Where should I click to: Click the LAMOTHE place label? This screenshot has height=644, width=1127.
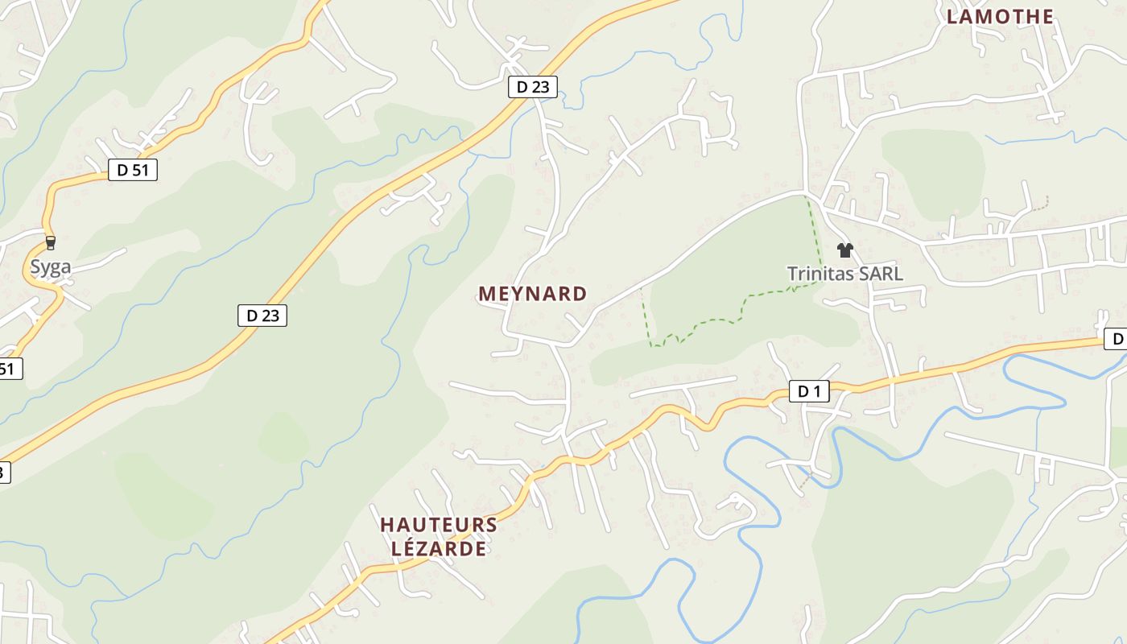(1000, 16)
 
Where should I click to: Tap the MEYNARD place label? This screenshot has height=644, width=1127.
(533, 294)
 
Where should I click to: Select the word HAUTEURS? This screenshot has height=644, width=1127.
(439, 525)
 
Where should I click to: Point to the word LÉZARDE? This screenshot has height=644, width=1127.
(439, 549)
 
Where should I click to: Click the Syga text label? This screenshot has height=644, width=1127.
(51, 267)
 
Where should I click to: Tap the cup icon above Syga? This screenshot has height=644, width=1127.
(51, 242)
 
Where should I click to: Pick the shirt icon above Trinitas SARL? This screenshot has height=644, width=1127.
(844, 250)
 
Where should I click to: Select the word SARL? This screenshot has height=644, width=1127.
(881, 274)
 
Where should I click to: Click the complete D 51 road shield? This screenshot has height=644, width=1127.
(133, 170)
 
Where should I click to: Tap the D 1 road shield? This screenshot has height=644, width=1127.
(808, 392)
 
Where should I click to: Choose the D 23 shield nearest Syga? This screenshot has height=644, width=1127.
(262, 316)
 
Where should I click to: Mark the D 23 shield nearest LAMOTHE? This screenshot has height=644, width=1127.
(533, 87)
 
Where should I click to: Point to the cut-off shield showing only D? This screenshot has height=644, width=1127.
(1116, 339)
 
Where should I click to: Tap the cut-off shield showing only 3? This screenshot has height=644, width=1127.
(4, 473)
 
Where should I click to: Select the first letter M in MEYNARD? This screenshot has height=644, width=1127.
(486, 294)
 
